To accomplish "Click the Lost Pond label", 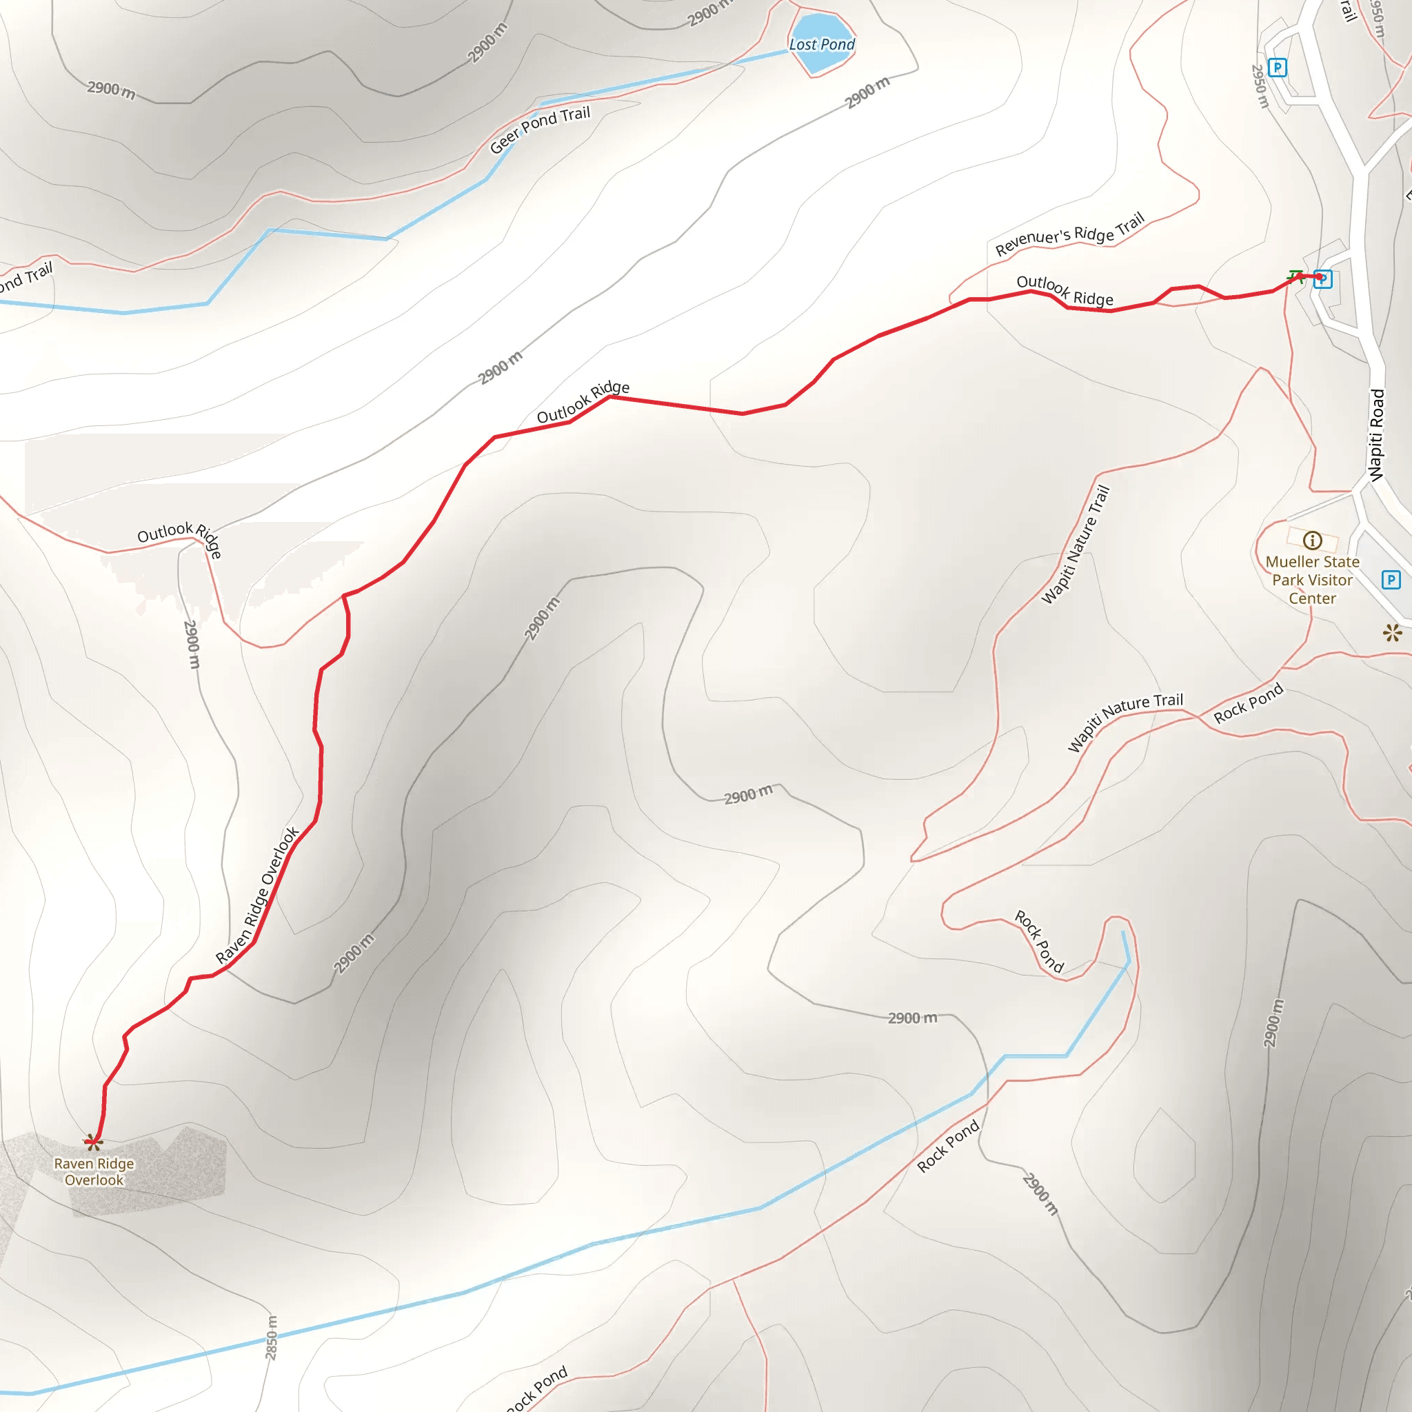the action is tap(821, 45).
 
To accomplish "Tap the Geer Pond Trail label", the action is tap(540, 130).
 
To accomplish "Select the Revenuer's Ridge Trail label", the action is tap(1070, 234).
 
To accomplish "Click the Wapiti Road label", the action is tap(1377, 435).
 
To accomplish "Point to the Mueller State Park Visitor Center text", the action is tap(1312, 580).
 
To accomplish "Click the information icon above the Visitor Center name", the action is tap(1312, 540).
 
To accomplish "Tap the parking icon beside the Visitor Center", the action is tap(1391, 580).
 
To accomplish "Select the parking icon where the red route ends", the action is tap(1323, 279).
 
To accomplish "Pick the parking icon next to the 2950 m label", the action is tap(1277, 68).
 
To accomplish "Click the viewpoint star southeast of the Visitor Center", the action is tap(1392, 633).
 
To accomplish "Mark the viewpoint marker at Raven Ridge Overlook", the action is tap(93, 1142).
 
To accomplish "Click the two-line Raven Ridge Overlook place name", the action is tap(94, 1171).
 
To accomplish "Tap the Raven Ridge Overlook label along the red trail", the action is tap(257, 896).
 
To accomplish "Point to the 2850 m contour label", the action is tap(271, 1338).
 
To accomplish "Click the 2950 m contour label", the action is tap(1259, 86).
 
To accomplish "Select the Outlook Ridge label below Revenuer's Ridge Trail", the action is tap(1065, 290).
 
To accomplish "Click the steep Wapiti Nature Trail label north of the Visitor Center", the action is tap(1076, 545).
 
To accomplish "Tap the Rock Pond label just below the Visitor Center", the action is tap(1249, 703).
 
